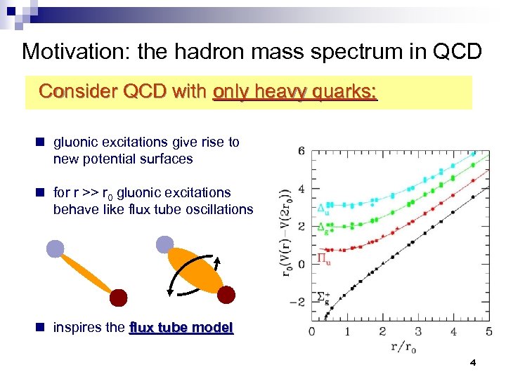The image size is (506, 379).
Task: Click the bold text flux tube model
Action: pos(181,328)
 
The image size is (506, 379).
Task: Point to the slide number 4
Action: pos(472,363)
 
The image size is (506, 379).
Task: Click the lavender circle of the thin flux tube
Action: pos(55,248)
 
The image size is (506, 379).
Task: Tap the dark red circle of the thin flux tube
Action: pos(118,297)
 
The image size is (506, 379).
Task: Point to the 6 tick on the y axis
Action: pos(301,151)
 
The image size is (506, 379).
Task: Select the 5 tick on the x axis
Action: pos(489,331)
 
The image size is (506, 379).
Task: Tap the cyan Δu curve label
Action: pos(323,208)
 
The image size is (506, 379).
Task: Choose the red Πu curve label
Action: pos(323,258)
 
